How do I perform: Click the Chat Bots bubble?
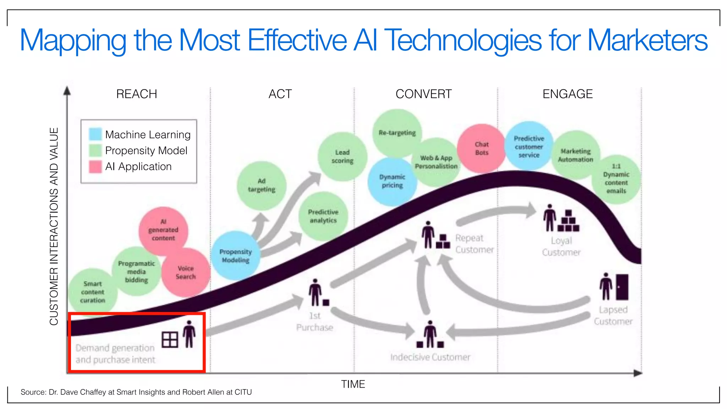coord(482,148)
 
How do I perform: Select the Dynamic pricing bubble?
coord(392,181)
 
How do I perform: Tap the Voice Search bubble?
coord(186,272)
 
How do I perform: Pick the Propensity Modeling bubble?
coord(235,256)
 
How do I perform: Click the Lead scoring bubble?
coord(342,157)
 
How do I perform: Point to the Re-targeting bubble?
coord(397,133)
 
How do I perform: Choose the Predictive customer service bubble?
coord(529,146)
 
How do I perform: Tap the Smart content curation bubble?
coord(92,292)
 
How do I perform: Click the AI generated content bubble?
coord(163,230)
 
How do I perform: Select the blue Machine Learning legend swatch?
coord(95,134)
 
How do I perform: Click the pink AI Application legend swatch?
coord(95,167)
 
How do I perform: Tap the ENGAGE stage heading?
coord(568,94)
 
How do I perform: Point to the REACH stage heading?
coord(137,94)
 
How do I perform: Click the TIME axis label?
coord(353,384)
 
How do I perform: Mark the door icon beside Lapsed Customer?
coord(622,287)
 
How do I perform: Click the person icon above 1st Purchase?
coord(315,292)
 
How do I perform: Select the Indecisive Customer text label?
coord(430,357)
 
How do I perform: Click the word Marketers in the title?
coord(647,40)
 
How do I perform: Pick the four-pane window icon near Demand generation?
coord(170,340)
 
